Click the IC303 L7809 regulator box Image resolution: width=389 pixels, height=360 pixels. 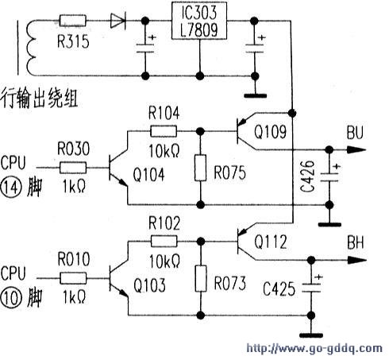point(199,21)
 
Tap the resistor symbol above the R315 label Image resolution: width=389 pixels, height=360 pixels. point(73,21)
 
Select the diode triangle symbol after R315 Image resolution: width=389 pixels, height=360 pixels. point(118,21)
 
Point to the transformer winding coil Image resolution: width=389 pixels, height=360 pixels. point(31,47)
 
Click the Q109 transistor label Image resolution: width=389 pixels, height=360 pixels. point(270,132)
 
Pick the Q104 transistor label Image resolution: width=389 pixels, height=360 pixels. point(148,175)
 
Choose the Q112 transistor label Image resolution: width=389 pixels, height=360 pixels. point(271,242)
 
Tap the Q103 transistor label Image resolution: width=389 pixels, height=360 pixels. point(149,285)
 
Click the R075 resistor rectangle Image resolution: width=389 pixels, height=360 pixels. point(201,168)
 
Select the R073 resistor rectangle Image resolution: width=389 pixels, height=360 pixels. point(201,278)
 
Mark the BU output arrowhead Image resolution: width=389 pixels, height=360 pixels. point(357,150)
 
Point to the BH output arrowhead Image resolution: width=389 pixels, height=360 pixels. point(357,260)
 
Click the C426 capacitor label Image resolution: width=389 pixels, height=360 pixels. point(308,176)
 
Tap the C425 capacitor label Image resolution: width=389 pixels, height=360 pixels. point(279,289)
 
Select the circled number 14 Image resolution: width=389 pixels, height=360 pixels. point(10,188)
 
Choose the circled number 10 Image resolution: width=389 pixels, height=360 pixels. point(10,298)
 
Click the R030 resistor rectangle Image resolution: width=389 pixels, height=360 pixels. point(73,168)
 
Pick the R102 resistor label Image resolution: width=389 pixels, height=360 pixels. point(164,223)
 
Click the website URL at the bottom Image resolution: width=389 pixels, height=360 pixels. point(314,348)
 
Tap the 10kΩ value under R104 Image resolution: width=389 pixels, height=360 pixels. point(164,151)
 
